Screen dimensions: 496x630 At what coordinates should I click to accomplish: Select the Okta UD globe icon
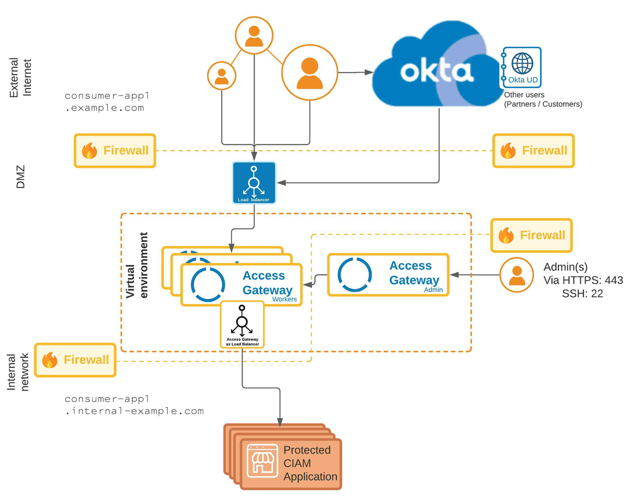coord(522,63)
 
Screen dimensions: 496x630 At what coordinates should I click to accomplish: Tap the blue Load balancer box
coord(254,182)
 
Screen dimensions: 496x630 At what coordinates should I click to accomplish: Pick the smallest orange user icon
coord(222,75)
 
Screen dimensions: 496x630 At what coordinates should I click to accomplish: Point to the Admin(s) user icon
coord(517,275)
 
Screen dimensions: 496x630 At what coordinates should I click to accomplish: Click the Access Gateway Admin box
coord(388,275)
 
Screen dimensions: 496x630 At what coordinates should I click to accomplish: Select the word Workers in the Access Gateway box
coord(285,299)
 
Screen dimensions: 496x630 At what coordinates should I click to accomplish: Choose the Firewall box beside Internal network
coord(76,360)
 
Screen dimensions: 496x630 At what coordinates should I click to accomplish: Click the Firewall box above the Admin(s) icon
coord(531,235)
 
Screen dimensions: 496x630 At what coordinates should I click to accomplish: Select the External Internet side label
coord(22,77)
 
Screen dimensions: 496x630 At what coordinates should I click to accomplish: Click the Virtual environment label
coord(136,265)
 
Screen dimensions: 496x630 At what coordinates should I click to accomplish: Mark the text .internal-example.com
coord(134,411)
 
